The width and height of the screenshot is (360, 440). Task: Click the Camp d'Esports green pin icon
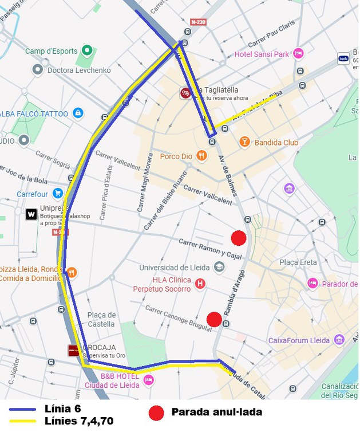pyautogui.click(x=87, y=50)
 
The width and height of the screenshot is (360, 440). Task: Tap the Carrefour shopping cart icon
pyautogui.click(x=57, y=194)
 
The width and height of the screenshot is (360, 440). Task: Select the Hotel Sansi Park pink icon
pyautogui.click(x=298, y=54)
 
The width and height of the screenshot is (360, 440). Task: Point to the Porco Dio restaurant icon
pyautogui.click(x=201, y=155)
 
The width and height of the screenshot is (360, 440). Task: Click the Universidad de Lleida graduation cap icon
pyautogui.click(x=219, y=267)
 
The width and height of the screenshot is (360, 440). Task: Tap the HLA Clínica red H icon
pyautogui.click(x=200, y=283)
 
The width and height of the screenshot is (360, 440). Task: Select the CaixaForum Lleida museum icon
pyautogui.click(x=339, y=340)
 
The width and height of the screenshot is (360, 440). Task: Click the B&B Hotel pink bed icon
pyautogui.click(x=149, y=380)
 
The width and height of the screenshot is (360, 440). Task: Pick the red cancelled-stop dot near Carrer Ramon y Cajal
pyautogui.click(x=238, y=237)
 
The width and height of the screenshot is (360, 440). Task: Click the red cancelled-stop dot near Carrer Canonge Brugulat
pyautogui.click(x=214, y=319)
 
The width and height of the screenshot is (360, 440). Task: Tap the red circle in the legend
pyautogui.click(x=156, y=412)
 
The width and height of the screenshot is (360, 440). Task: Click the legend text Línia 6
pyautogui.click(x=62, y=408)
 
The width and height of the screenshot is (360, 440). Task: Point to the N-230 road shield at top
pyautogui.click(x=197, y=22)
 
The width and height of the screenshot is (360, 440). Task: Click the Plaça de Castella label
pyautogui.click(x=101, y=320)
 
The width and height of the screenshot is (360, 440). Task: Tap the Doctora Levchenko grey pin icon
pyautogui.click(x=38, y=69)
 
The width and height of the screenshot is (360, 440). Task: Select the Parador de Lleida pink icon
pyautogui.click(x=312, y=283)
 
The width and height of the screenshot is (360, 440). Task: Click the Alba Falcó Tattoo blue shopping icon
pyautogui.click(x=78, y=113)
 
